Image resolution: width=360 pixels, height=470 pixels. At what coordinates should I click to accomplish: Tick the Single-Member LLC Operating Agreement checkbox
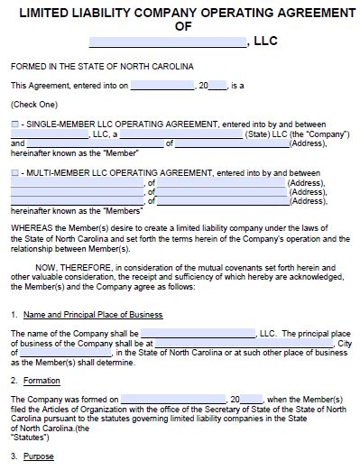14,122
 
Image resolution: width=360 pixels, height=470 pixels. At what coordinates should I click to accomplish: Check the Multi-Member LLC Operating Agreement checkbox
14,171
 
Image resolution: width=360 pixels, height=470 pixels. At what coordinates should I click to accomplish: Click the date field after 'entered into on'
162,86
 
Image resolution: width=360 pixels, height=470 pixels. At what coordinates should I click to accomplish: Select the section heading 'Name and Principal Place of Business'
93,315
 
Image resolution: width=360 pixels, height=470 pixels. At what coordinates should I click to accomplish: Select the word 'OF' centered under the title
180,27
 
